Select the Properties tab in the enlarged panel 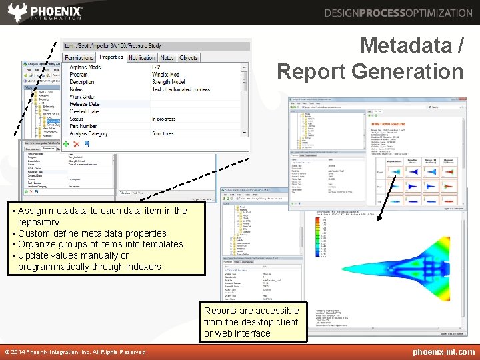[111, 57]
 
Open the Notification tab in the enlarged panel [141, 58]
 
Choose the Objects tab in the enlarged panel [189, 58]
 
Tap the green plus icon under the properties [66, 144]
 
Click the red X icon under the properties [76, 144]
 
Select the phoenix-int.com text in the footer [443, 352]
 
